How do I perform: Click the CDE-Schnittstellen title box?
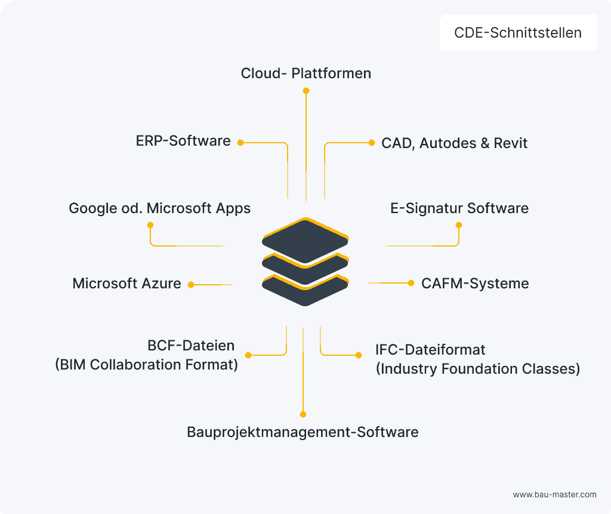518,33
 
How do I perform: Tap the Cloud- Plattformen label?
306,73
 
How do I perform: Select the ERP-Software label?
183,141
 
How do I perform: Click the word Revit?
511,143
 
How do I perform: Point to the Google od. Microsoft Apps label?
159,208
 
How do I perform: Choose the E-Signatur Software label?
459,208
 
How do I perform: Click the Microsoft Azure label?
126,284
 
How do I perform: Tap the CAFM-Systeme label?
475,283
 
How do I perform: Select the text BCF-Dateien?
191,346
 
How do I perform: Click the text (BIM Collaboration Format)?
146,364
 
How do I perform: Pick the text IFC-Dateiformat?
430,349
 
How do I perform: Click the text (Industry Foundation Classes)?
477,368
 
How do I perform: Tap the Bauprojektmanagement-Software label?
303,432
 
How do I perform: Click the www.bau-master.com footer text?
554,494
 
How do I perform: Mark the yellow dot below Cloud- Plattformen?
306,91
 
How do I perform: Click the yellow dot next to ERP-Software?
240,143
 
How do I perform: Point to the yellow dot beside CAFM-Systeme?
411,283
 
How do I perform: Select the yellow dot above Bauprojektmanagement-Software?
303,414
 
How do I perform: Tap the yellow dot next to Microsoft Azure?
191,285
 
